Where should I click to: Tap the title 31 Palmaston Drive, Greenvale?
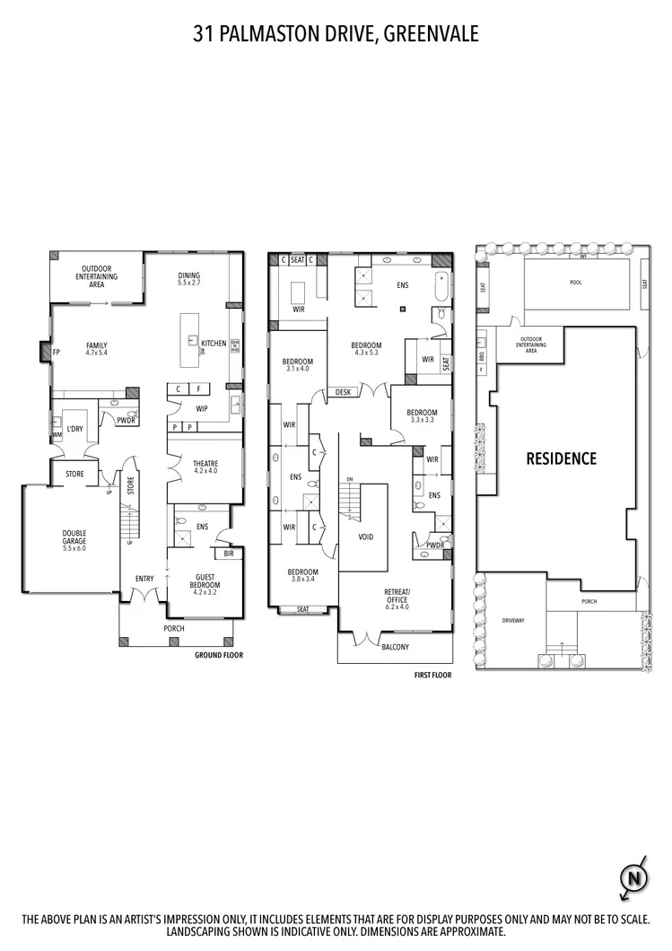click(x=336, y=34)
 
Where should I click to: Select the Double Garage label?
click(x=74, y=538)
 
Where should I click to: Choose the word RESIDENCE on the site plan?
click(x=561, y=458)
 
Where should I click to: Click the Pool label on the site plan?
click(x=576, y=282)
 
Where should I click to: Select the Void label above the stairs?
click(x=365, y=537)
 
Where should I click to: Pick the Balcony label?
click(x=395, y=646)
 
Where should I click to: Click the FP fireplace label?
click(x=56, y=352)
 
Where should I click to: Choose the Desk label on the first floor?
click(x=343, y=392)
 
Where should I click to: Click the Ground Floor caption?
click(x=219, y=655)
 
